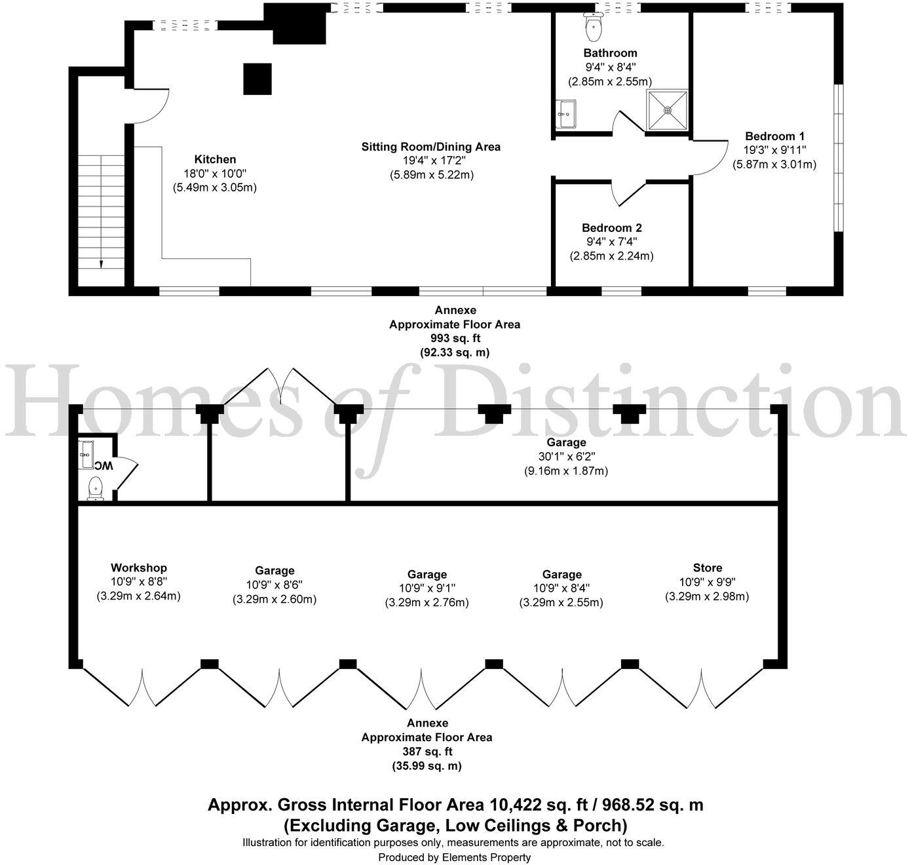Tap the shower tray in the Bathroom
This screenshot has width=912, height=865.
(x=668, y=110)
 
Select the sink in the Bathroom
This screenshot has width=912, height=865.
(x=565, y=113)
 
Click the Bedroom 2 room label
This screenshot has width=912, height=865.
(x=612, y=228)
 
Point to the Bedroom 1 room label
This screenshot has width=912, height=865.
(x=774, y=136)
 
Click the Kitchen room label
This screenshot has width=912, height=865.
(x=215, y=159)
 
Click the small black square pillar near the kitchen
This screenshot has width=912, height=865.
(x=257, y=79)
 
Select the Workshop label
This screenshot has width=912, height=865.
(x=139, y=567)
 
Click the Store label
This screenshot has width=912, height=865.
(x=708, y=567)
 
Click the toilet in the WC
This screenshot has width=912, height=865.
(x=96, y=489)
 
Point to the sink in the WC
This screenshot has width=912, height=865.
(x=85, y=455)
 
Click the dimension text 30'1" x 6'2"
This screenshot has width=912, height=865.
(x=566, y=456)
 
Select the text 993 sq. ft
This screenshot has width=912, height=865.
(x=455, y=338)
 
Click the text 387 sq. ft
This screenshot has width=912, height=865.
(x=427, y=752)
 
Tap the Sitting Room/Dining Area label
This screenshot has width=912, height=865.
(x=431, y=147)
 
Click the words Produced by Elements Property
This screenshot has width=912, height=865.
(x=455, y=857)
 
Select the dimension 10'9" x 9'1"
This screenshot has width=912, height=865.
(x=427, y=588)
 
